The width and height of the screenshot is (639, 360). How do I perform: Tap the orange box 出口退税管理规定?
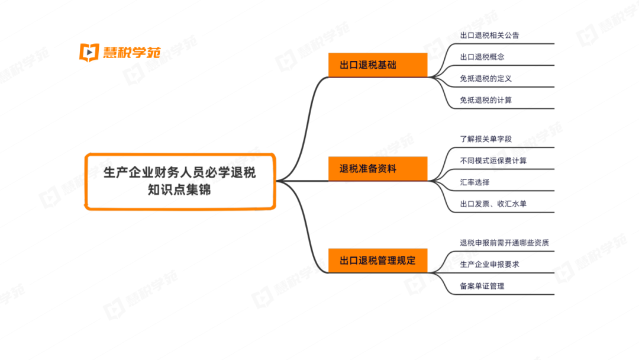377,261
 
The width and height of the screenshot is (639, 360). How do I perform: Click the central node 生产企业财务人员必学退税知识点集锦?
180,181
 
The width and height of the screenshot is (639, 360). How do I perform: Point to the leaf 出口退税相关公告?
489,35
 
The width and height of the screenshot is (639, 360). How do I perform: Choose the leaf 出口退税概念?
482,57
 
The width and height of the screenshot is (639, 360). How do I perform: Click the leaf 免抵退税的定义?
486,78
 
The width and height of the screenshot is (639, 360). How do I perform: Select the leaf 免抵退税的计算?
486,100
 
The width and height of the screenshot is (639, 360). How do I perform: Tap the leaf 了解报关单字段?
486,139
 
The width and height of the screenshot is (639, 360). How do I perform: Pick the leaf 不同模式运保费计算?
493,160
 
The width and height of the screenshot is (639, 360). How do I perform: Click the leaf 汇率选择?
475,182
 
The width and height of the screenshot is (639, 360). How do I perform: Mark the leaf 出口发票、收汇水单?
493,204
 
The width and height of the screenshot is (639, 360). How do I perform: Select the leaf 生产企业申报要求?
489,264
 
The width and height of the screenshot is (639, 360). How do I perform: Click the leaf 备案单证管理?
482,286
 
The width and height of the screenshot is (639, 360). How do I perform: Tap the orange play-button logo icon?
89,52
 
